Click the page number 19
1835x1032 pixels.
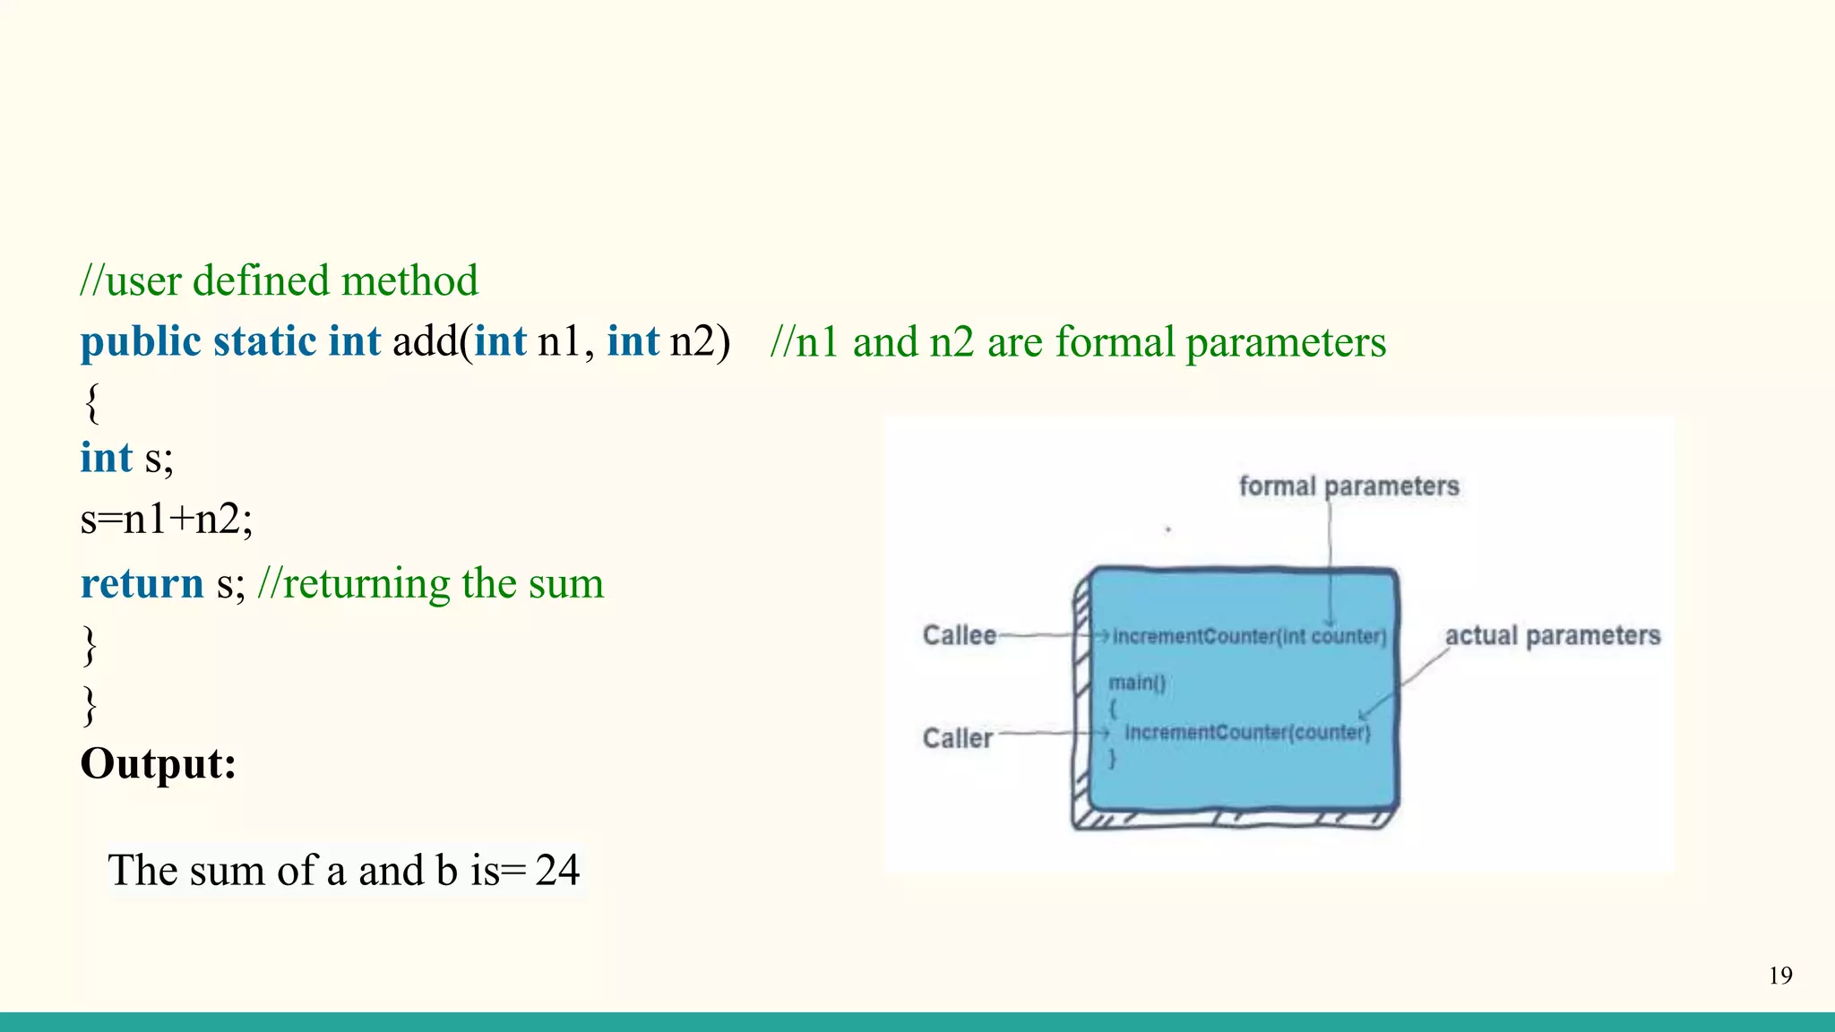(1780, 976)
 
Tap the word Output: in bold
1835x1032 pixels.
(159, 764)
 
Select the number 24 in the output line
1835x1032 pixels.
(557, 870)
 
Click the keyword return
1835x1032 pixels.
(142, 583)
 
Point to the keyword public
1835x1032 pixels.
(141, 342)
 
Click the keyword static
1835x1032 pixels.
(265, 342)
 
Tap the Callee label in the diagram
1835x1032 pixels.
(960, 635)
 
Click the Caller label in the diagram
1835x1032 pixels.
(958, 738)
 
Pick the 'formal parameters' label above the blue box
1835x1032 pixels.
(1348, 486)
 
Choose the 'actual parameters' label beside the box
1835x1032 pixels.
(1553, 635)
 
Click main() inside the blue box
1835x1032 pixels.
(1137, 683)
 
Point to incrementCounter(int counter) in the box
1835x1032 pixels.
(1249, 636)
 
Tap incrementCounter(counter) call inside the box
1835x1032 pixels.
(1247, 733)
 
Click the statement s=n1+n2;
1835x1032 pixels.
(167, 520)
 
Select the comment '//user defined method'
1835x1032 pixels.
(279, 281)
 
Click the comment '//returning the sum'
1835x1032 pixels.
(431, 583)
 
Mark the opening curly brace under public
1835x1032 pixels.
(91, 402)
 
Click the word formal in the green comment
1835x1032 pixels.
(1115, 342)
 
